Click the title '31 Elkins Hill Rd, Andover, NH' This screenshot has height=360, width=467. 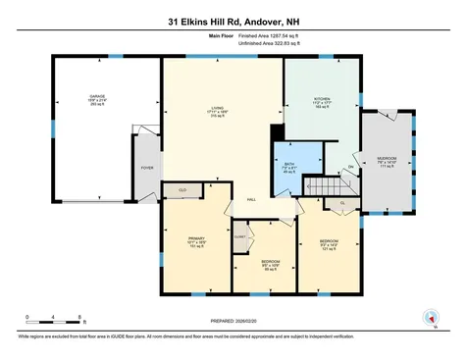click(233, 18)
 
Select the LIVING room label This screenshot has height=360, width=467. click(218, 109)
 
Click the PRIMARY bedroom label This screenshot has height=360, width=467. click(196, 236)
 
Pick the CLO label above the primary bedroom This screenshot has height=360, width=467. click(182, 188)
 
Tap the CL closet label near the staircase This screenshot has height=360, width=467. click(342, 203)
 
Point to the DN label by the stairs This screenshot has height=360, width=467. click(350, 167)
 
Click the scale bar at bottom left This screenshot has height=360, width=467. click(55, 320)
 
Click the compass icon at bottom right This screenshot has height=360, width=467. click(429, 317)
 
